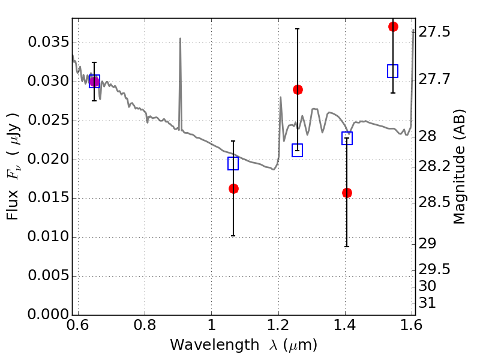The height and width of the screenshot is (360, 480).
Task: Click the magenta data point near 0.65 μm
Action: tap(94, 82)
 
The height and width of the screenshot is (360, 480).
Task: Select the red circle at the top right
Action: tap(393, 26)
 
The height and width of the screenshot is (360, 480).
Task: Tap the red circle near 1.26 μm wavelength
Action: tap(298, 89)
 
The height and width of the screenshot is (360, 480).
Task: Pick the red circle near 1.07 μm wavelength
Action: tap(233, 188)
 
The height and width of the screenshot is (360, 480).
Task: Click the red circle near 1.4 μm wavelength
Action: tap(347, 193)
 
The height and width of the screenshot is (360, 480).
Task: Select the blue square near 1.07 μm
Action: tap(233, 163)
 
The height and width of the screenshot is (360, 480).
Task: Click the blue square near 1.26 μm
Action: tap(297, 151)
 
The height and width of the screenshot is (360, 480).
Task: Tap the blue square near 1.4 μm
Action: tap(347, 139)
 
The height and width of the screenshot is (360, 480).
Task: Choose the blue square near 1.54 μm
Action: tap(393, 71)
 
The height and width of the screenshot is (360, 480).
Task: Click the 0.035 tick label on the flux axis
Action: tap(49, 42)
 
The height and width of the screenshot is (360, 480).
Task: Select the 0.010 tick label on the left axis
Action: tap(49, 236)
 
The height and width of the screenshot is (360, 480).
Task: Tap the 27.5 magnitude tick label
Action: tap(434, 32)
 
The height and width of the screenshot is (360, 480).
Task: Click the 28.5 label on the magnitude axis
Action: tap(434, 202)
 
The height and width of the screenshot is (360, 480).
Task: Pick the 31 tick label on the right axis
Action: tap(427, 303)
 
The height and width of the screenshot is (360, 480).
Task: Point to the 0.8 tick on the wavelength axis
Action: tap(145, 325)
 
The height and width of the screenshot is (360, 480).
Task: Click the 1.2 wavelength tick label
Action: tap(278, 325)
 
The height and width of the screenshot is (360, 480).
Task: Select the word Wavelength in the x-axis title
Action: tap(215, 345)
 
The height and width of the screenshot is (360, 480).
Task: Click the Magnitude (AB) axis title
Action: tap(459, 167)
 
